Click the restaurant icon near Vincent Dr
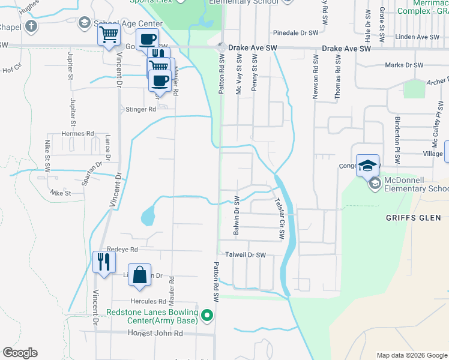103,262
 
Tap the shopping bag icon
139,275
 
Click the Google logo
20,353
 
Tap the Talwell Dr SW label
245,255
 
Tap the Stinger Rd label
140,109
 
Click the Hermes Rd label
78,133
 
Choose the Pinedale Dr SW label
295,33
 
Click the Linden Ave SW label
420,37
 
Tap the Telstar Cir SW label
279,220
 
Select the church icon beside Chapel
32,26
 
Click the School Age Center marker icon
85,23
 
